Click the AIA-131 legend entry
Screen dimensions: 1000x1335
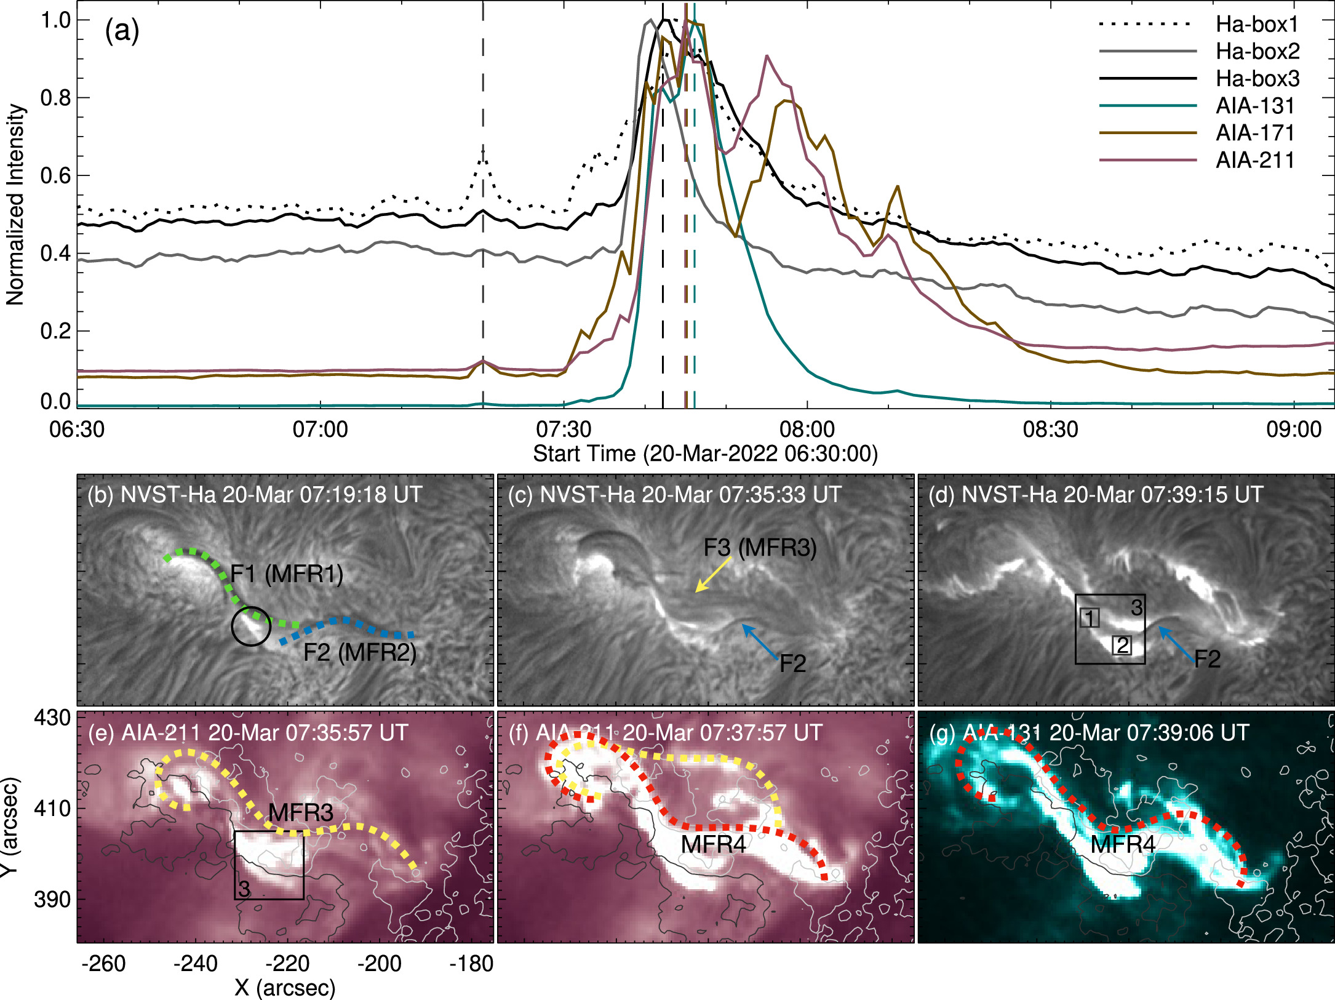pos(1255,106)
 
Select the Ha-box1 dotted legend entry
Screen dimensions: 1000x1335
pos(1257,25)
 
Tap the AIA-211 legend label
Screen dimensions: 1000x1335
pos(1255,160)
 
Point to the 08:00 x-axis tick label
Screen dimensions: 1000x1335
pos(807,429)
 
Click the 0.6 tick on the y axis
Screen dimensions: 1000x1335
pos(55,176)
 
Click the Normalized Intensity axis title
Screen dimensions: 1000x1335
pos(15,205)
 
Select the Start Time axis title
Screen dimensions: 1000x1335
pos(705,454)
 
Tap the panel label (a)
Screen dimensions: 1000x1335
pos(122,31)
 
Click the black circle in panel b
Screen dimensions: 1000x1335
pos(250,626)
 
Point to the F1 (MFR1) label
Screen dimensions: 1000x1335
pos(287,574)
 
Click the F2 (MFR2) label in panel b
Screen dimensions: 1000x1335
pos(360,652)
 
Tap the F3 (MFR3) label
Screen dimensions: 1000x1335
pos(760,547)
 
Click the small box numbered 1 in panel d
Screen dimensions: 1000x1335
pos(1090,618)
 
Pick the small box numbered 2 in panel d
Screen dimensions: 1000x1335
pos(1122,645)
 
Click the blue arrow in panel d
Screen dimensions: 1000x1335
pos(1176,642)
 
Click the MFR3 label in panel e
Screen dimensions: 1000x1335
pos(301,812)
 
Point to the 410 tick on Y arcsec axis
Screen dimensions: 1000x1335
pos(53,808)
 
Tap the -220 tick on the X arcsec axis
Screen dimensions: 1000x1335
pos(287,963)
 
